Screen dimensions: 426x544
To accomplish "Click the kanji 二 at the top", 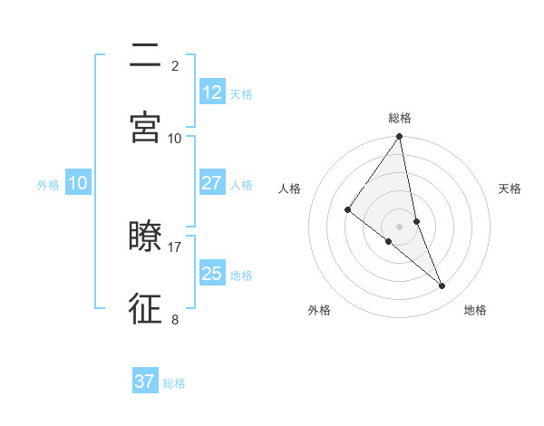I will tap(145, 55).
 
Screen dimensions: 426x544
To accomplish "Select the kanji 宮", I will tap(145, 128).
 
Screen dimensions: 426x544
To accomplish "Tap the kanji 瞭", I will tap(145, 237).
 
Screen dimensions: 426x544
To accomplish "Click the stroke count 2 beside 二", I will tap(175, 65).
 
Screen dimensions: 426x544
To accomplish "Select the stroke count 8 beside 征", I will tap(175, 319).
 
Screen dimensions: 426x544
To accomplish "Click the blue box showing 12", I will tap(212, 92).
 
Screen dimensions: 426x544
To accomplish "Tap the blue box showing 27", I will tap(212, 183).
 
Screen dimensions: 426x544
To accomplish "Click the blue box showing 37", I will tap(145, 382).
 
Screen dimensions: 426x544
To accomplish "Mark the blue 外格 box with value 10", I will tap(78, 183).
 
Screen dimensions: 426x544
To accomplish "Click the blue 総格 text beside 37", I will tap(174, 383).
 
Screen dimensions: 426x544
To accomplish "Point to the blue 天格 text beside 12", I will tap(241, 94).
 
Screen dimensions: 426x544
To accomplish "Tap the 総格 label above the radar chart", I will tap(400, 118).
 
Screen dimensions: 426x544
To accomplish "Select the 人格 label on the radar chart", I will tap(290, 189).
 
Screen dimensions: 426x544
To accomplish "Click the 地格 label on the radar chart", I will tap(475, 311).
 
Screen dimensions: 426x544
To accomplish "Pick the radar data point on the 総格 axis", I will tap(400, 137).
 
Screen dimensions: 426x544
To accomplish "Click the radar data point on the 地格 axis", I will tap(442, 286).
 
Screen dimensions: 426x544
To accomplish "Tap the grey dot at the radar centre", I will tap(400, 226).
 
